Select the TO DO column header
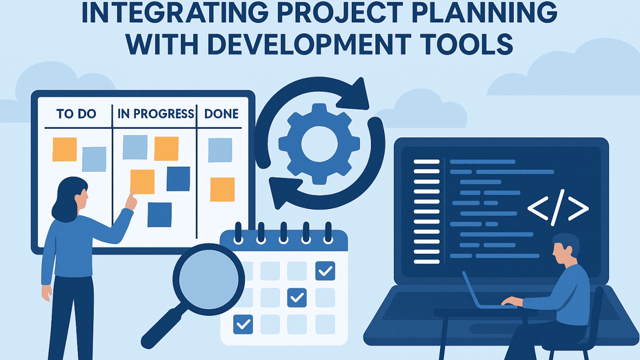pos(76,114)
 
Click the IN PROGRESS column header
pos(155,114)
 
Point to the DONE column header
pos(221,114)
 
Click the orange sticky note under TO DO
pos(65,149)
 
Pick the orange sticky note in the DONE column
pos(222,189)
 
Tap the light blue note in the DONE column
pos(220,150)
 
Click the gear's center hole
pos(319,144)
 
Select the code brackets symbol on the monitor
pos(558,207)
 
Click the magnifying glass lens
pos(209,279)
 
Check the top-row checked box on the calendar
pos(325,271)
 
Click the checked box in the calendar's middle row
pos(297,298)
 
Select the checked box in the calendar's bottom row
pos(243,324)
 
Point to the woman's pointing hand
pos(131,201)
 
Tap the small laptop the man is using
pos(486,291)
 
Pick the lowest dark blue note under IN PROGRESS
pos(159,215)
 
